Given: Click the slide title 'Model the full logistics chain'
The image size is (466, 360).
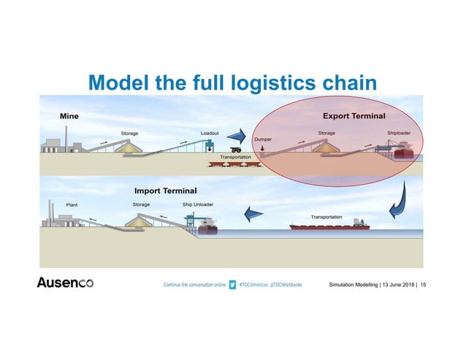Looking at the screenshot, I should [232, 83].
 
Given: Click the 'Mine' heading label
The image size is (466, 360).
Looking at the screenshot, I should [69, 115].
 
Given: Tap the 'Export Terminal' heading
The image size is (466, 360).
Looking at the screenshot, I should [354, 115].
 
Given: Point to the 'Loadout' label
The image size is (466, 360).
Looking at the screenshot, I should [210, 133].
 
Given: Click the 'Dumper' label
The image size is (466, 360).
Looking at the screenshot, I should [263, 139].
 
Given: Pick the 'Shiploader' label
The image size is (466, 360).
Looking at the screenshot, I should [398, 133].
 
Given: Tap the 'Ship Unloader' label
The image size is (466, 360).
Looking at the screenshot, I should [198, 204].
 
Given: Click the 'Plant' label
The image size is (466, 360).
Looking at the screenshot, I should [72, 205].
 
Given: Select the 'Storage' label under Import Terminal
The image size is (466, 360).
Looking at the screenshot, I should [141, 204].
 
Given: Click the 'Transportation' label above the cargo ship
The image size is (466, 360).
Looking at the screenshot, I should [326, 217].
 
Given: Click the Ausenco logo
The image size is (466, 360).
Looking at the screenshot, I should [65, 283].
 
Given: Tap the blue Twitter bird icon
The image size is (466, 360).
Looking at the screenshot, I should [232, 283].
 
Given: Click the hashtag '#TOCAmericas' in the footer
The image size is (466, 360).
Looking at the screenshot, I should [255, 283].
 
